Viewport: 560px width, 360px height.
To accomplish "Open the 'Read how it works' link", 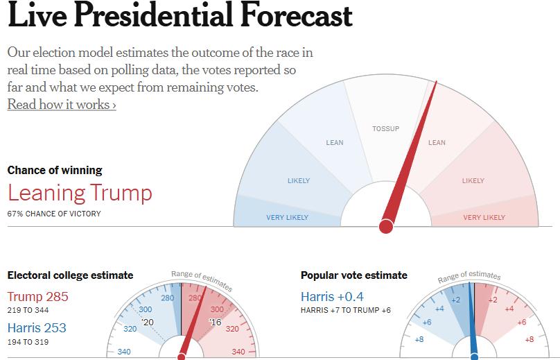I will (x=62, y=105).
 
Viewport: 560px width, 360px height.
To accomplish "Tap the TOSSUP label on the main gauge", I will (x=385, y=129).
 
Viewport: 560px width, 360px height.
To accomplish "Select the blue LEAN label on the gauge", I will (x=335, y=143).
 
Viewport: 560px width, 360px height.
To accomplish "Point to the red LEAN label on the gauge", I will (x=437, y=143).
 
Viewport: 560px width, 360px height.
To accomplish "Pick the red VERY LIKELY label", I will (x=484, y=218).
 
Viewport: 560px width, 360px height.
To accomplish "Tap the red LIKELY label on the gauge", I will (x=473, y=181).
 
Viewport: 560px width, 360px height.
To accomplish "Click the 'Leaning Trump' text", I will (x=80, y=193).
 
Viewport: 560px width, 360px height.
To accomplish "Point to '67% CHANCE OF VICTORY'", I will (x=54, y=214).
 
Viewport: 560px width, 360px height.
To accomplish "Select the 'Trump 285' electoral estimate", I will (x=38, y=297).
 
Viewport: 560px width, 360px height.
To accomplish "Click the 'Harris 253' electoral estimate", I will (x=37, y=327).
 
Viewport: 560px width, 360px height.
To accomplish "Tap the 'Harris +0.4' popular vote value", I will (x=333, y=297).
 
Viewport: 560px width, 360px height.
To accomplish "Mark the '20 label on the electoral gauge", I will (x=147, y=323).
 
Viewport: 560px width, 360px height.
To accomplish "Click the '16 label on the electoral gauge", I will (x=215, y=323).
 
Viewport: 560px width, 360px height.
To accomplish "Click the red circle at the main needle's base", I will (x=386, y=226).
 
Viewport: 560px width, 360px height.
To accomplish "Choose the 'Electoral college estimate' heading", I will (x=70, y=275).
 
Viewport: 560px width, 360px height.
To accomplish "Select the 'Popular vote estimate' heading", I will (x=354, y=275).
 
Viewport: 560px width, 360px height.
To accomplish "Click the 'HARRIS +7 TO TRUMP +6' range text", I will (x=346, y=310).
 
